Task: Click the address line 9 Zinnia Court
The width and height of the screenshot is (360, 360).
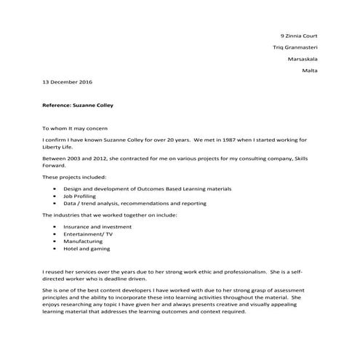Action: [x=298, y=36]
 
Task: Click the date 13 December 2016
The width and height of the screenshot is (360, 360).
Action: [x=67, y=82]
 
